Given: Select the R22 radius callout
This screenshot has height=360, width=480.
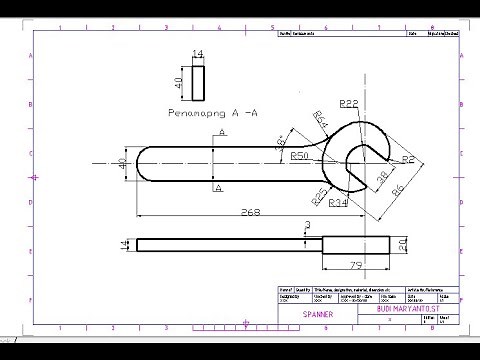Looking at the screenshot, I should pyautogui.click(x=349, y=103).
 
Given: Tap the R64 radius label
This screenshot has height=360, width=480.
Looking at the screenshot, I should pyautogui.click(x=320, y=120).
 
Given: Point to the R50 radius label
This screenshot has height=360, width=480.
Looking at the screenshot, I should pyautogui.click(x=299, y=156).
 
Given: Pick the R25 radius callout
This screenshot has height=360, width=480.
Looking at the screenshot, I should pyautogui.click(x=318, y=192).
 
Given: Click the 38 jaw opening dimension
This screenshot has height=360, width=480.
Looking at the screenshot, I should pyautogui.click(x=381, y=177).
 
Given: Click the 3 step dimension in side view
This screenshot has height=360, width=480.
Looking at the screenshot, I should pyautogui.click(x=307, y=225).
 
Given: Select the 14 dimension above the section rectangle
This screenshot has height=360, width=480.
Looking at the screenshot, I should pyautogui.click(x=197, y=53).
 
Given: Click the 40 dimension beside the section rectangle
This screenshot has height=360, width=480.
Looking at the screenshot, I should pyautogui.click(x=181, y=83).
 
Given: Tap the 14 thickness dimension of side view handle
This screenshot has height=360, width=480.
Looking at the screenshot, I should pyautogui.click(x=125, y=244).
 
